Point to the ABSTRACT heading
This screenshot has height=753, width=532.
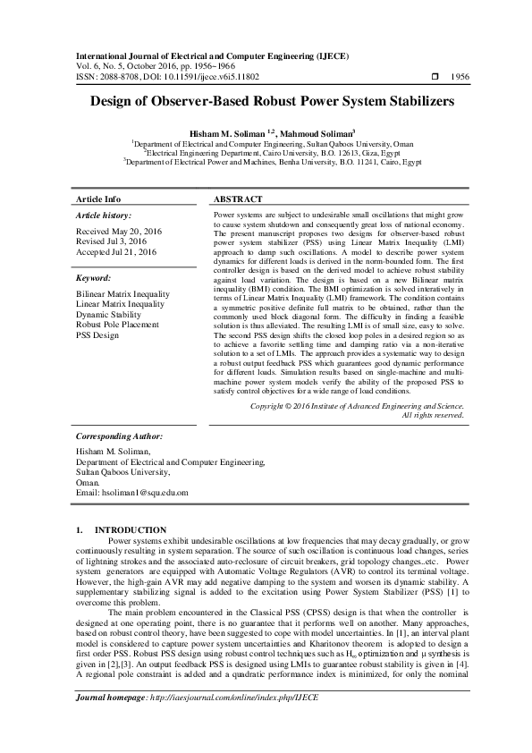[x=239, y=199]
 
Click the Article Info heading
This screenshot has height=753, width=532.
[x=98, y=199]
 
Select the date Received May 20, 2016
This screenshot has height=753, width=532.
[x=119, y=231]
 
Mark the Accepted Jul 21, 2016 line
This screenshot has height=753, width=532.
[x=116, y=252]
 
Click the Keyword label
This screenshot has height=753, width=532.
[x=93, y=279]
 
